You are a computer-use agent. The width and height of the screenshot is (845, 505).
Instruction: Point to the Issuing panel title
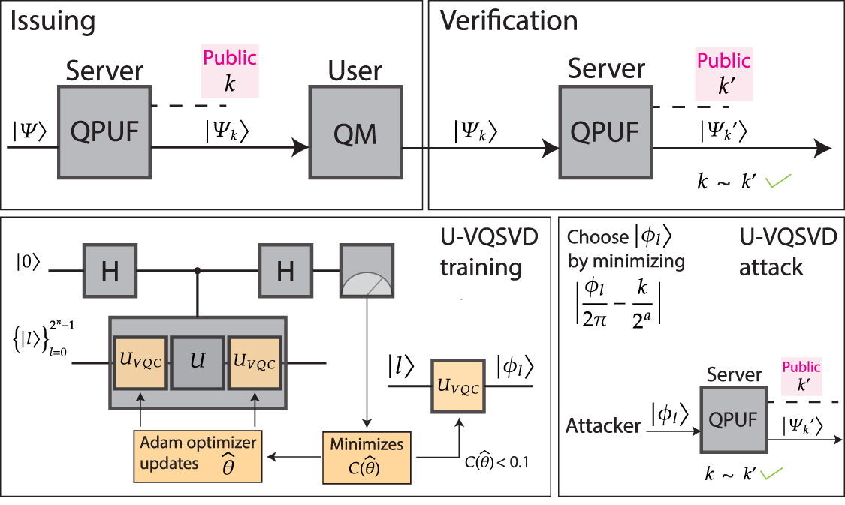click(53, 21)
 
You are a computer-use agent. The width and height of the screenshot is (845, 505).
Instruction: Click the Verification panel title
click(509, 21)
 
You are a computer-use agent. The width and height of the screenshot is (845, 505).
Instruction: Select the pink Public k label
click(230, 71)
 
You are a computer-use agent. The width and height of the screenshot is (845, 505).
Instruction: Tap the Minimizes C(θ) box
click(367, 455)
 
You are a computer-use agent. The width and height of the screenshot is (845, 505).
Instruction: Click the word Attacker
click(603, 426)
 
